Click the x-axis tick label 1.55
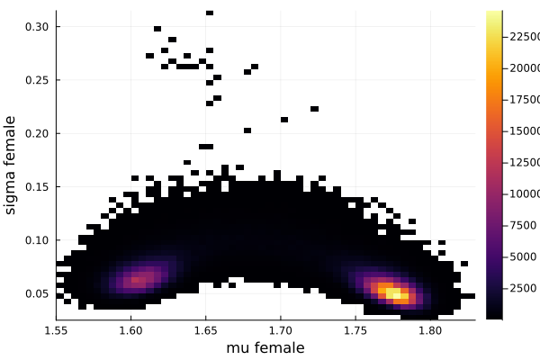pos(56,330)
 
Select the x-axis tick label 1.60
pos(130,330)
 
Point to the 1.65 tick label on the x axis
pos(205,330)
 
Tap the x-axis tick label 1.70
pos(280,330)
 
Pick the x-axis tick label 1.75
pos(355,330)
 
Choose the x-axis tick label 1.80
pos(429,330)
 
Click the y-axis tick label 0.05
pos(36,293)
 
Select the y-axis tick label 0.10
pos(36,240)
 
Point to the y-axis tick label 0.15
pos(36,187)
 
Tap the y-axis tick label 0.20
pos(36,133)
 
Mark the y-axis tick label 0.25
pos(36,80)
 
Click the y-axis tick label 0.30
pos(36,27)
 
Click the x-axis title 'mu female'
pos(265,347)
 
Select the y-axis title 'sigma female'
pos(11,165)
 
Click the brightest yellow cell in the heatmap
pos(392,292)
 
